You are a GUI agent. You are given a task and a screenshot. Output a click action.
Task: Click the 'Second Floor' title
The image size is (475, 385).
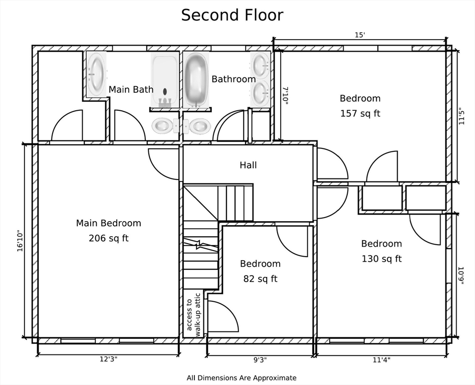(232, 15)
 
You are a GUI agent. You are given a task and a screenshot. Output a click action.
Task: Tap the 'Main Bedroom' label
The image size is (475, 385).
(108, 223)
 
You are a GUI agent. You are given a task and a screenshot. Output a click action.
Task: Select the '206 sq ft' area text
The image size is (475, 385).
(108, 238)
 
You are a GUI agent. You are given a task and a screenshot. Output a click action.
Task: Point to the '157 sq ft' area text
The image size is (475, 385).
(360, 113)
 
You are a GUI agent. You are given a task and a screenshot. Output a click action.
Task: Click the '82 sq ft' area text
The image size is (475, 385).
(260, 279)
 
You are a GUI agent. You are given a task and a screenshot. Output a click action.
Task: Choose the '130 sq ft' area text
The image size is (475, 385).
(381, 259)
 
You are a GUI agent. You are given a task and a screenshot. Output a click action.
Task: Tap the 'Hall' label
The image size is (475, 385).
(248, 165)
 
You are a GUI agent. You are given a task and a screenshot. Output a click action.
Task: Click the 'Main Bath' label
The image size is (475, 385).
(131, 89)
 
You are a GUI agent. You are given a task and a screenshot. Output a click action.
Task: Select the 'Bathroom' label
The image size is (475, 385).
(233, 79)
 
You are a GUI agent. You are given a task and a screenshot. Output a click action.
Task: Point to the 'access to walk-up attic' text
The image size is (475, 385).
(193, 315)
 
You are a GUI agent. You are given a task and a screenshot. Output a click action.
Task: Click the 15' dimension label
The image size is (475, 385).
(360, 35)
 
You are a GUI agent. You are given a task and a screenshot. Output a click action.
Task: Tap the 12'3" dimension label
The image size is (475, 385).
(108, 359)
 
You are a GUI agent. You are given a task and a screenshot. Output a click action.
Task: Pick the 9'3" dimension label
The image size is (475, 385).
(260, 360)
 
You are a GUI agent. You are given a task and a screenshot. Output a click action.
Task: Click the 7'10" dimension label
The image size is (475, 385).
(286, 95)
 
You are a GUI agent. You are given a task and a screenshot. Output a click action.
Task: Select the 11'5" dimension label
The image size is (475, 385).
(461, 116)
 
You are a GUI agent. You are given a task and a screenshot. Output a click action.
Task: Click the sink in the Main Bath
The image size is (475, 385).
(96, 74)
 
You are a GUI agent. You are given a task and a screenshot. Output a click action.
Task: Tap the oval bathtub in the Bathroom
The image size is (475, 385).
(196, 80)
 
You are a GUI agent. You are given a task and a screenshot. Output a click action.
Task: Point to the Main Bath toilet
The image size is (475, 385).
(165, 125)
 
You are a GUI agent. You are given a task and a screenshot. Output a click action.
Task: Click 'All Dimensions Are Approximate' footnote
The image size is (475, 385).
(242, 378)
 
